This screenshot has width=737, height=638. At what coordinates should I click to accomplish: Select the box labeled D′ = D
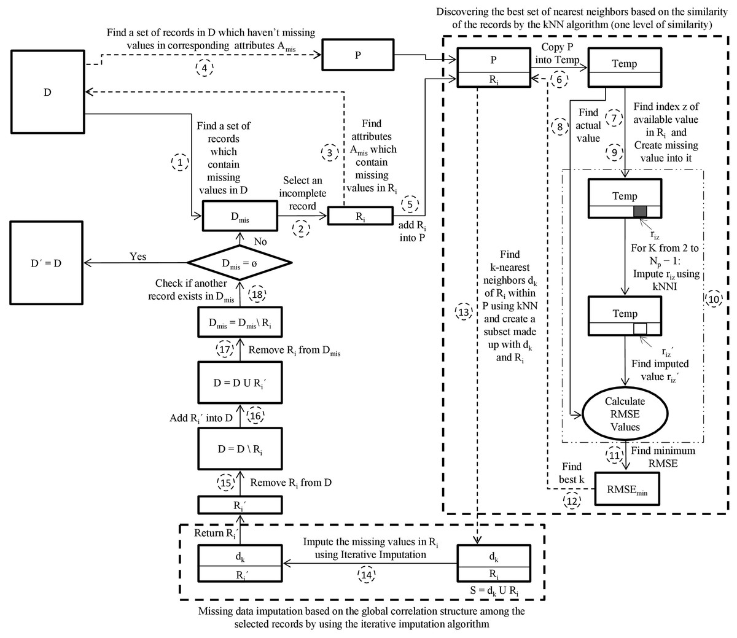(47, 263)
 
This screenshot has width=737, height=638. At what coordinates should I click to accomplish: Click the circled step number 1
(179, 163)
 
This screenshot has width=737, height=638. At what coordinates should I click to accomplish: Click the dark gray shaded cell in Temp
(641, 211)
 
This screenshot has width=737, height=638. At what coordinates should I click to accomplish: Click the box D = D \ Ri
(240, 449)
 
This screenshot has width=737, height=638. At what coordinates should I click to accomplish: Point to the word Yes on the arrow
(138, 256)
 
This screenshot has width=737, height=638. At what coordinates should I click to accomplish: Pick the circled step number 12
(572, 501)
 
